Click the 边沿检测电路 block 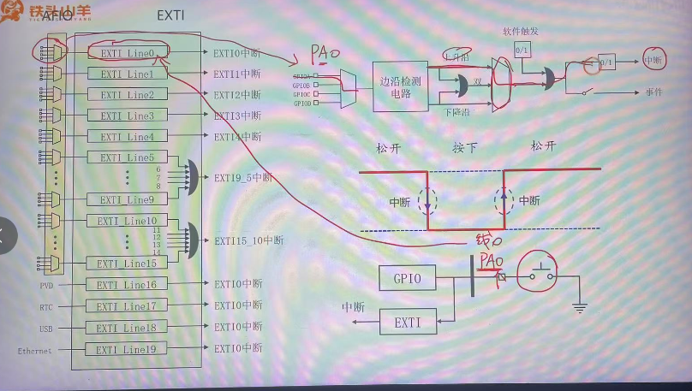pyautogui.click(x=403, y=86)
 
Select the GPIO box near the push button pyautogui.click(x=407, y=277)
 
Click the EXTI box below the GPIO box pyautogui.click(x=407, y=323)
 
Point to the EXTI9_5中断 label pyautogui.click(x=243, y=178)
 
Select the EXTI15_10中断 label pyautogui.click(x=248, y=241)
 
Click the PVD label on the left pyautogui.click(x=46, y=285)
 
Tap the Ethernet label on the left pyautogui.click(x=35, y=350)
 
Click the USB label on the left pyautogui.click(x=46, y=328)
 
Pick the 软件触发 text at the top pyautogui.click(x=521, y=33)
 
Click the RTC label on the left pyautogui.click(x=46, y=306)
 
